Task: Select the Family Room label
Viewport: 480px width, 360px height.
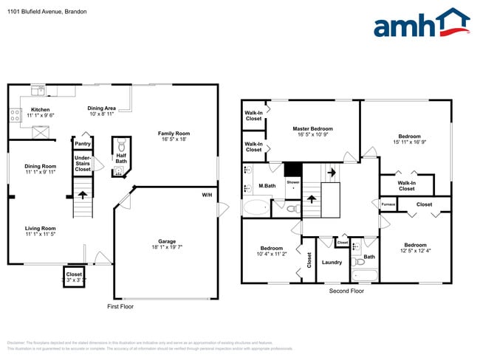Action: pyautogui.click(x=174, y=134)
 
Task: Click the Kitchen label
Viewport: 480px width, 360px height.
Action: pyautogui.click(x=40, y=109)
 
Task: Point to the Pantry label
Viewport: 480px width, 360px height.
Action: pyautogui.click(x=83, y=144)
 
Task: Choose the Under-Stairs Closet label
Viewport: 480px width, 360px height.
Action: pyautogui.click(x=83, y=163)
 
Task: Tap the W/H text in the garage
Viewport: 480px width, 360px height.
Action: pyautogui.click(x=207, y=195)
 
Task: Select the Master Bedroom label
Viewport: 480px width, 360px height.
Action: pyautogui.click(x=312, y=128)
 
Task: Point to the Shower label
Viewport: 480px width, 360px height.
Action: pyautogui.click(x=293, y=181)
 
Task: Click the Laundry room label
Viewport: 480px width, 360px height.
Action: pyautogui.click(x=332, y=262)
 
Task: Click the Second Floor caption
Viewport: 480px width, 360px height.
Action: pyautogui.click(x=347, y=291)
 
